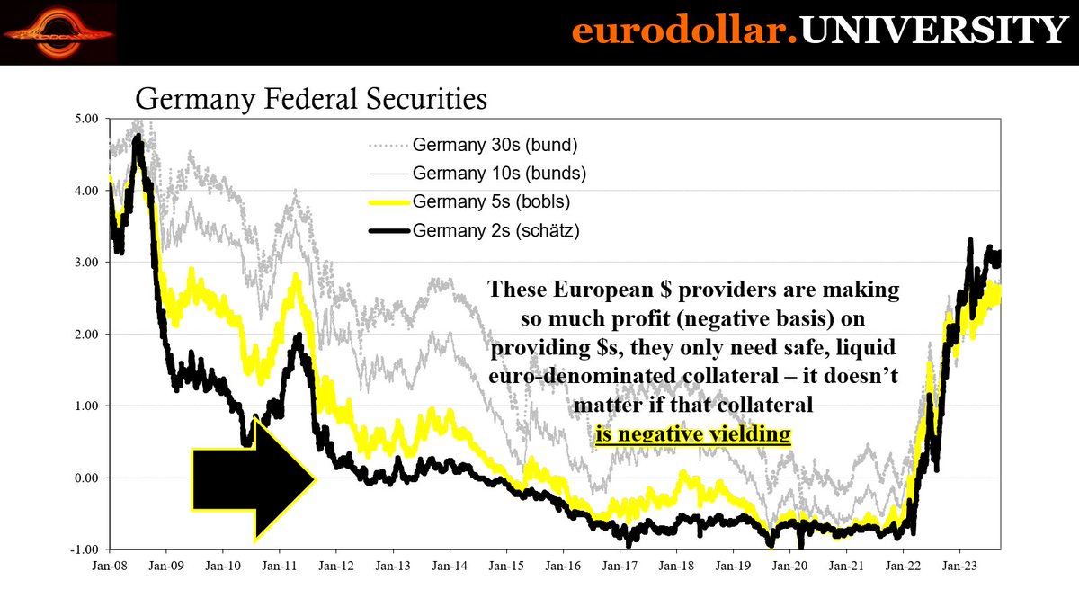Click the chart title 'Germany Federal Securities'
coord(310,98)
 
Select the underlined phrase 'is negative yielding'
coord(692,435)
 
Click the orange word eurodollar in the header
coord(680,32)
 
